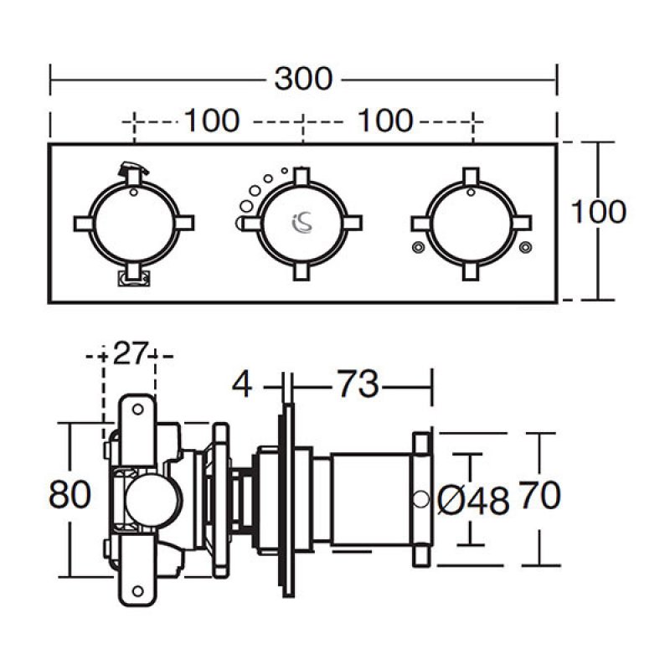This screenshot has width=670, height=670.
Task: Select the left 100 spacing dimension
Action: (x=211, y=121)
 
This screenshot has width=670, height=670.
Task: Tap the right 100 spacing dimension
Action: (x=385, y=121)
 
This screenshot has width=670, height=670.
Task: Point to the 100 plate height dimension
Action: (x=598, y=211)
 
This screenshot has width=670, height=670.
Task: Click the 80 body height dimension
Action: (x=70, y=496)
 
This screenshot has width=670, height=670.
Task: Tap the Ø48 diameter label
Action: (x=474, y=501)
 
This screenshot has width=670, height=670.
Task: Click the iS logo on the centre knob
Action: (x=302, y=222)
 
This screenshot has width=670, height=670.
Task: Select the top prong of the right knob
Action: (x=471, y=176)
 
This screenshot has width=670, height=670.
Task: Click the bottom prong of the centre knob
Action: (x=302, y=270)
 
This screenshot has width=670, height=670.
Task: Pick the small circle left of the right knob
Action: (x=418, y=246)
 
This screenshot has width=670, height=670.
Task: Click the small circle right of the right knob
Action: (x=525, y=246)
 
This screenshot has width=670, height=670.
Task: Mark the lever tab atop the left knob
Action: (x=131, y=170)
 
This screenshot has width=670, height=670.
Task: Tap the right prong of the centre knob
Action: (x=352, y=222)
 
